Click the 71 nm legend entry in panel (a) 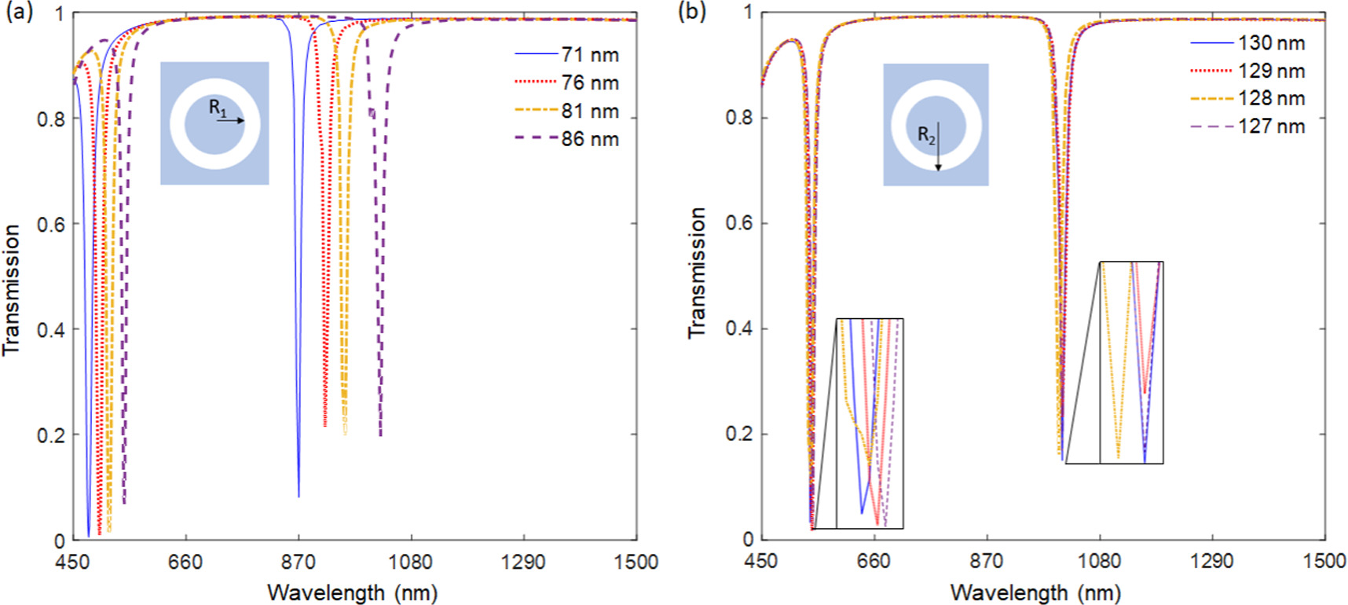pos(589,55)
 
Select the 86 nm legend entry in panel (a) pos(589,139)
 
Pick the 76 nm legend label pos(589,82)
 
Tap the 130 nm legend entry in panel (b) pos(1270,43)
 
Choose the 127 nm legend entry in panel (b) pos(1270,126)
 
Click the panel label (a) pos(19,13)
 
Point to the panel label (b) pos(692,11)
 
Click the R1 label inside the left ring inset pos(218,108)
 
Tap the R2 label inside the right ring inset pos(926,135)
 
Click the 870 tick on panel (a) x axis pos(298,562)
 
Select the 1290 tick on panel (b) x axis pos(1211,561)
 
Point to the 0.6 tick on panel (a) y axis pos(51,225)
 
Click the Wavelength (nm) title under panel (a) pos(352,592)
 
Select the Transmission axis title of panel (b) pos(697,273)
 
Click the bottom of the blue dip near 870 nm pos(299,496)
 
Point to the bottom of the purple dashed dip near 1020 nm pos(381,435)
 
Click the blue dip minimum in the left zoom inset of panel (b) pos(862,513)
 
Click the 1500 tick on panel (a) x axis pos(636,562)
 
